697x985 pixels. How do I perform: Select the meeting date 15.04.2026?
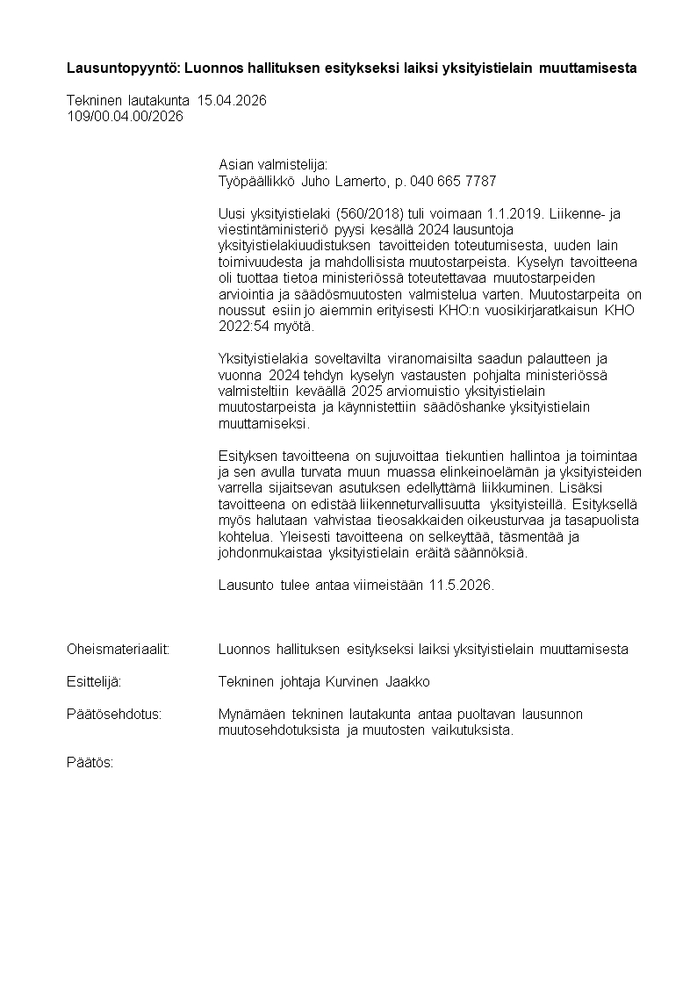pos(232,101)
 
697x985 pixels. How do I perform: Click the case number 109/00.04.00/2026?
pos(125,116)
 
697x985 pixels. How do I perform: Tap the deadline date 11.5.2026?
pos(461,586)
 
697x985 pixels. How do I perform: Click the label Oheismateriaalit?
pos(118,650)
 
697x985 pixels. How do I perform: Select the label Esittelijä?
pos(94,682)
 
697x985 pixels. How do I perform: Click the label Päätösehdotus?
pos(114,715)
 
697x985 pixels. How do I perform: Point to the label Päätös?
pos(90,762)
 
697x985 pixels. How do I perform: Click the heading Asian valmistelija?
pos(272,165)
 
